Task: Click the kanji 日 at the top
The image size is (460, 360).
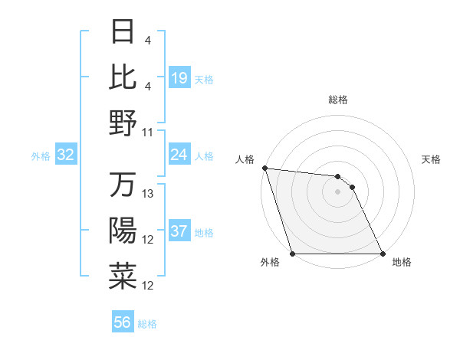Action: [123, 33]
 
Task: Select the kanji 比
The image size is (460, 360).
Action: [123, 77]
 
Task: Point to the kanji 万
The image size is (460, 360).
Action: [123, 185]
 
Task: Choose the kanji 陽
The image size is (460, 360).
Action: [123, 231]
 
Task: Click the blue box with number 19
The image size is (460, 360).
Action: [179, 77]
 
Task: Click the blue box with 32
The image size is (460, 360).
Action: [66, 155]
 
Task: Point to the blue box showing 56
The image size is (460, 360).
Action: [123, 323]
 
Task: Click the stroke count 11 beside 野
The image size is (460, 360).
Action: [148, 132]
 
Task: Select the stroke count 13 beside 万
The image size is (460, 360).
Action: [148, 193]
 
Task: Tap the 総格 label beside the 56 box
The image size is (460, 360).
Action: [147, 324]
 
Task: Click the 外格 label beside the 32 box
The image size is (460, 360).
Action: [41, 156]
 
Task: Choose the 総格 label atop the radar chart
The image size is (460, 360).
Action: [338, 100]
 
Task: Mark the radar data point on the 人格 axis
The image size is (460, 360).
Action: [264, 168]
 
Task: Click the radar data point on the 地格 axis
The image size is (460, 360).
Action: [381, 254]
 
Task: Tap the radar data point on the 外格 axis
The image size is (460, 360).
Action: [293, 254]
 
